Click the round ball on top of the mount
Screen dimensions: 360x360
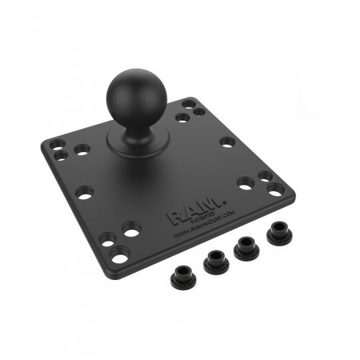tap(133, 97)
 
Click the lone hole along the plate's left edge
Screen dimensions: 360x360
tap(84, 193)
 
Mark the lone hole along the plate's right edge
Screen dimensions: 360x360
tap(227, 141)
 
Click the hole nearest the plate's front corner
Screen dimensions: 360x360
tap(120, 253)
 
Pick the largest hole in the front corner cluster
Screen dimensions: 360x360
tap(120, 253)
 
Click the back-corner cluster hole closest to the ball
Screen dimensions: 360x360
tap(182, 118)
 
